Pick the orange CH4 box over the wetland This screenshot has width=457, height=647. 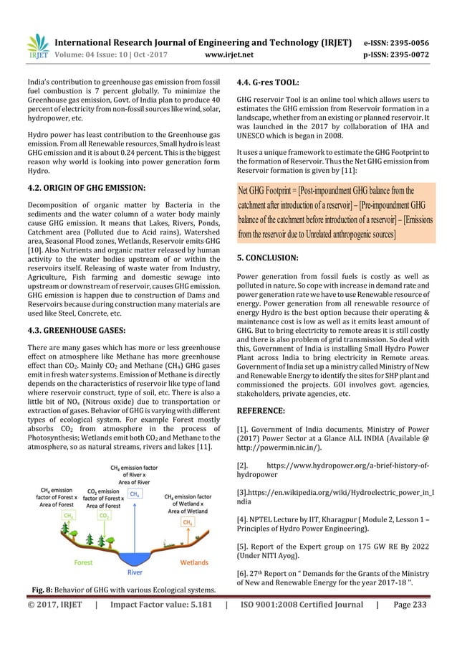pyautogui.click(x=188, y=523)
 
